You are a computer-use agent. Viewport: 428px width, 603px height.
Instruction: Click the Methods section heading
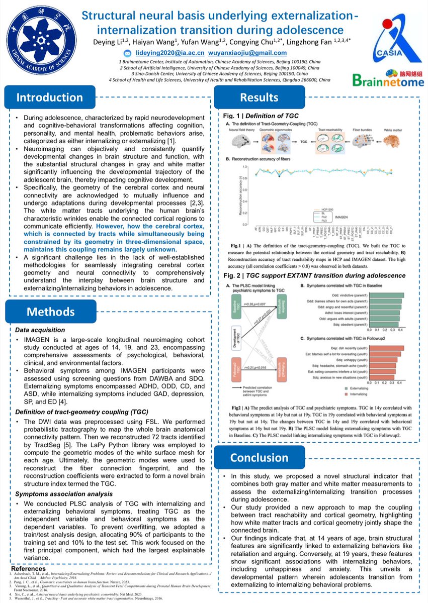43,312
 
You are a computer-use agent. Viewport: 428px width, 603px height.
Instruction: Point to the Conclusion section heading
260,457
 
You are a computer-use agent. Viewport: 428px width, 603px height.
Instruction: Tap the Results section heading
259,97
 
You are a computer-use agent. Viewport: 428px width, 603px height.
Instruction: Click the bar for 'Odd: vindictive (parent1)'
386,295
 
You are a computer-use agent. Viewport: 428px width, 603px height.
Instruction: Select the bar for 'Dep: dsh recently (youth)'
387,348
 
